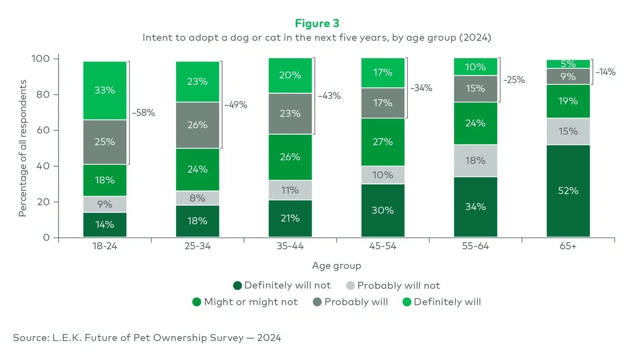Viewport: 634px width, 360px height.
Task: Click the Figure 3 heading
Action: (x=317, y=23)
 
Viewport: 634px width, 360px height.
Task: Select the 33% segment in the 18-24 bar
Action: (x=105, y=90)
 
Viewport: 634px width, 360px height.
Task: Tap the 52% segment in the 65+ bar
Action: (x=568, y=191)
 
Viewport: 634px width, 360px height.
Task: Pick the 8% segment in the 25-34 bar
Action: (x=198, y=198)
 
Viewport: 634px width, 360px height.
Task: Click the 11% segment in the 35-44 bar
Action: (x=290, y=190)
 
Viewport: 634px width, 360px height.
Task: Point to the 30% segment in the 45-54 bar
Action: (x=383, y=210)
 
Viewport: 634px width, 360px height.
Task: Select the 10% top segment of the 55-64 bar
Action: (x=475, y=67)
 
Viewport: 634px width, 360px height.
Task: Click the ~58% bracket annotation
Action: (x=143, y=113)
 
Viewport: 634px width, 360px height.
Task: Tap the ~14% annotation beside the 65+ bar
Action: (x=605, y=72)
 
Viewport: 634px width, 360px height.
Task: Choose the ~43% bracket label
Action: (x=329, y=96)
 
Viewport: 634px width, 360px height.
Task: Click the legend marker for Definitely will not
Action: (x=238, y=286)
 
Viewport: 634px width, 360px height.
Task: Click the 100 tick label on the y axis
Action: (x=41, y=59)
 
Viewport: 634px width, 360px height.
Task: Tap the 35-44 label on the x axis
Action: (x=290, y=246)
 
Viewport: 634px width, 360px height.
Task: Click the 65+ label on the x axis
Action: (x=568, y=246)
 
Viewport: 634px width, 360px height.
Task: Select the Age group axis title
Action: (x=337, y=266)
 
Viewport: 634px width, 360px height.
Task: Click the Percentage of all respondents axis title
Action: (x=22, y=148)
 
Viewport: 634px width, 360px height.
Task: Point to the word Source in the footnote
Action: (x=30, y=338)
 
